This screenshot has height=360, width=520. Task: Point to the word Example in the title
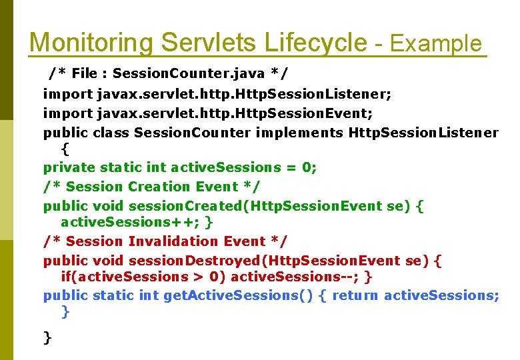(435, 45)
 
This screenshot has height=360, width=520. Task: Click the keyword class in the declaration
(111, 133)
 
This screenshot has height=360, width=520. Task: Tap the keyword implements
(299, 133)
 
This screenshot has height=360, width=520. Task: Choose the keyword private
(69, 167)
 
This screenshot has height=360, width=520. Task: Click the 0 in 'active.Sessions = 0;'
(307, 167)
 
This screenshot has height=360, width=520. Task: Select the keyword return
(355, 295)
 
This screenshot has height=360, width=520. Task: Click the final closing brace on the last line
(47, 338)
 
